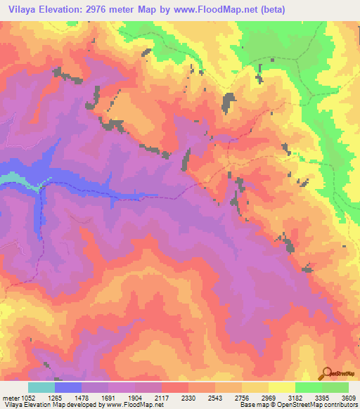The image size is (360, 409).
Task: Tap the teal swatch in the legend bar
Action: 41,387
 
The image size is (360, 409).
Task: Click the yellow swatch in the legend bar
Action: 282,387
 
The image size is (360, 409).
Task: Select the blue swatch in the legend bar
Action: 68,387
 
